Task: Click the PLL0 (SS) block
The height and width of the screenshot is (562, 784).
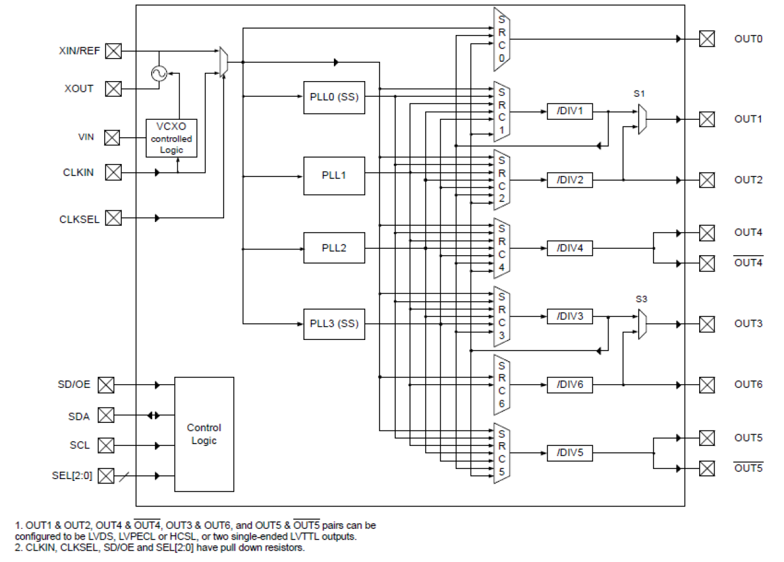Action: click(334, 97)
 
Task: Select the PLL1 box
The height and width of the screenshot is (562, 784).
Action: click(334, 176)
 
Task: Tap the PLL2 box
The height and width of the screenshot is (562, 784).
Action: click(334, 248)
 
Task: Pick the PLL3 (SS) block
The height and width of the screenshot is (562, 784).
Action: click(334, 324)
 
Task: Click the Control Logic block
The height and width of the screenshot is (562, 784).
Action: click(204, 434)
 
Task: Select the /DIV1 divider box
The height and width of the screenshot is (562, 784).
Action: click(569, 112)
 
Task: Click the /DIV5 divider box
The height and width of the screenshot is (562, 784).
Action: click(569, 453)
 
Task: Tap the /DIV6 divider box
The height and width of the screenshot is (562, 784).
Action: click(569, 385)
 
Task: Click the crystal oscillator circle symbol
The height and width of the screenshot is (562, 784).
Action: click(159, 74)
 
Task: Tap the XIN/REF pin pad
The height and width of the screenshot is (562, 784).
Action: click(113, 51)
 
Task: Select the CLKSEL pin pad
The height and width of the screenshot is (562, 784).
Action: click(113, 218)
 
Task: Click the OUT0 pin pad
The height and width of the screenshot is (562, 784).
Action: click(707, 39)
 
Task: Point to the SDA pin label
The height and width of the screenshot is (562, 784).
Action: click(79, 415)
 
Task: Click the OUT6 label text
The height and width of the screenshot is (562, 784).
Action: click(748, 385)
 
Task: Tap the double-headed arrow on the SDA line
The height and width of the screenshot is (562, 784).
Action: click(154, 415)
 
